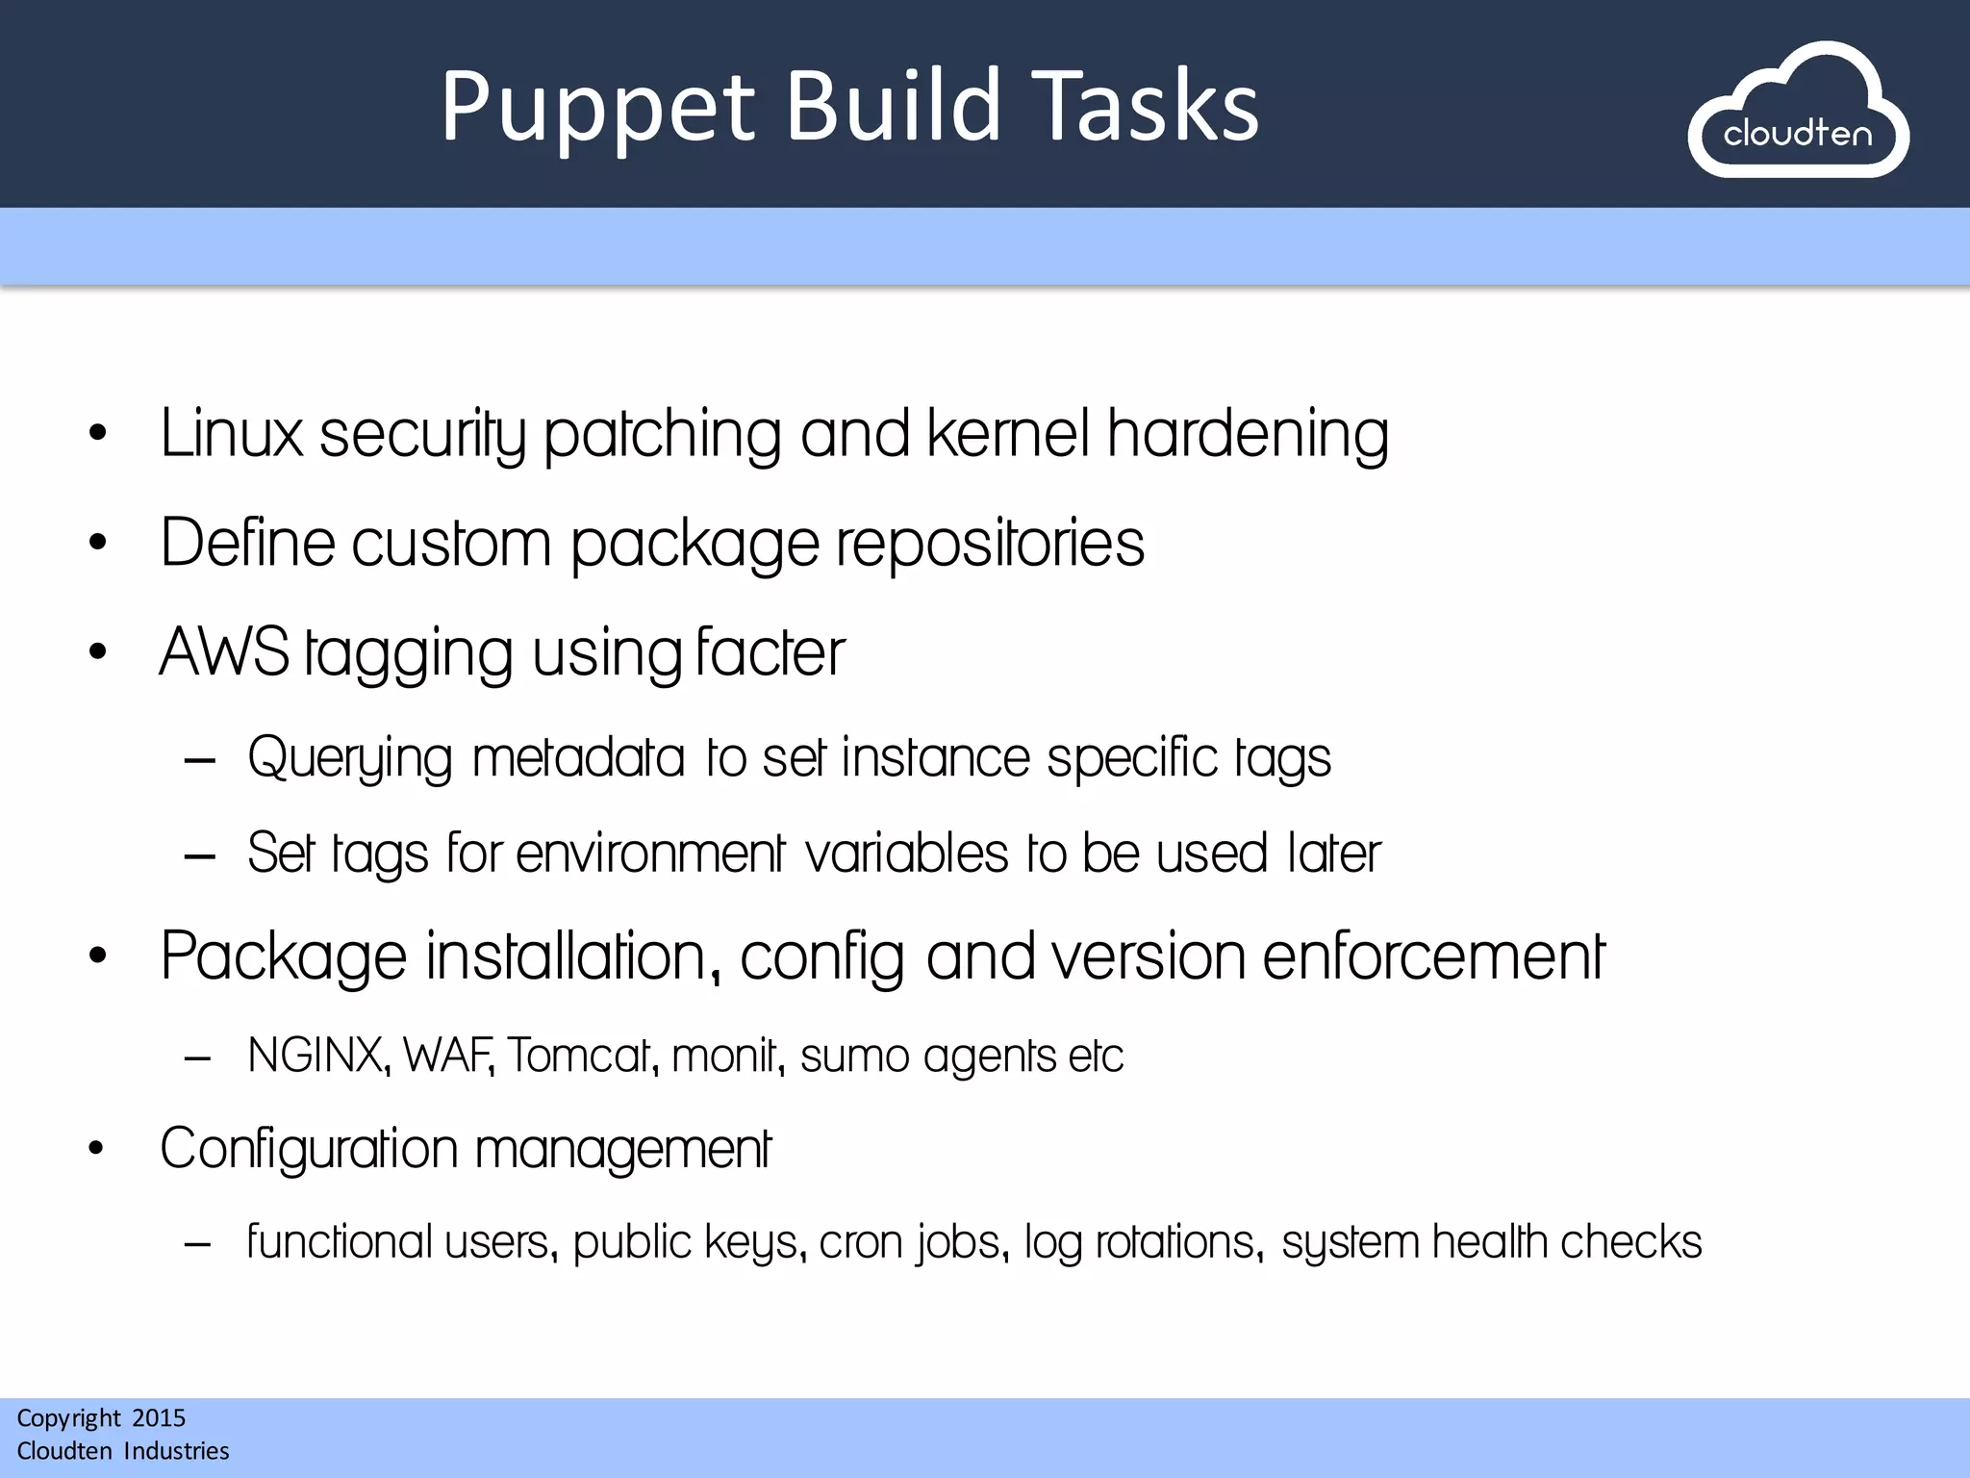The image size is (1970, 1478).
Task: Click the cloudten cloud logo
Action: [x=1798, y=112]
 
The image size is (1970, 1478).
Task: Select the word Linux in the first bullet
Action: [x=231, y=434]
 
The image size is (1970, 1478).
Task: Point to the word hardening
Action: [x=1247, y=434]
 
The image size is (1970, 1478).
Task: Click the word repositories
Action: [x=990, y=544]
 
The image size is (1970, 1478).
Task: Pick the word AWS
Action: [x=224, y=652]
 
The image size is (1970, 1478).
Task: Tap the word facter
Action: [x=770, y=652]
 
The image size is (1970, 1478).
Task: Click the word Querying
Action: [x=349, y=758]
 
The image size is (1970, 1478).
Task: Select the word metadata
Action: [x=578, y=758]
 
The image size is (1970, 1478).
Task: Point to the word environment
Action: [x=650, y=854]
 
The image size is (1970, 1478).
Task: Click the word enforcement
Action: [x=1433, y=956]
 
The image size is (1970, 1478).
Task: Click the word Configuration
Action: [x=309, y=1149]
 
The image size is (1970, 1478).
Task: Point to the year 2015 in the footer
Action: [x=159, y=1418]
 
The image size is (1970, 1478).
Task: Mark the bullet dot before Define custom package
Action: [x=97, y=544]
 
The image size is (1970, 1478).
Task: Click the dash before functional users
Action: [x=198, y=1244]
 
